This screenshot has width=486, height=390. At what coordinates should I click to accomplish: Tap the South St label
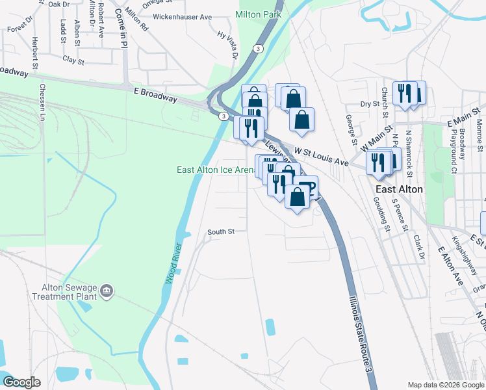220,231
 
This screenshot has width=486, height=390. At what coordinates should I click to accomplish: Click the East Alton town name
399,189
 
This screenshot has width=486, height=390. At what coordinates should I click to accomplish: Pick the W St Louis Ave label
322,155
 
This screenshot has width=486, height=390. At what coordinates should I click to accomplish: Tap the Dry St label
370,104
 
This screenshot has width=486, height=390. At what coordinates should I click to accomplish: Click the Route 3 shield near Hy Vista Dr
259,49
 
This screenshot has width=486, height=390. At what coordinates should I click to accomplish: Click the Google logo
21,382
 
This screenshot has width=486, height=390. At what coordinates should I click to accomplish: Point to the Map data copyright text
445,385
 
